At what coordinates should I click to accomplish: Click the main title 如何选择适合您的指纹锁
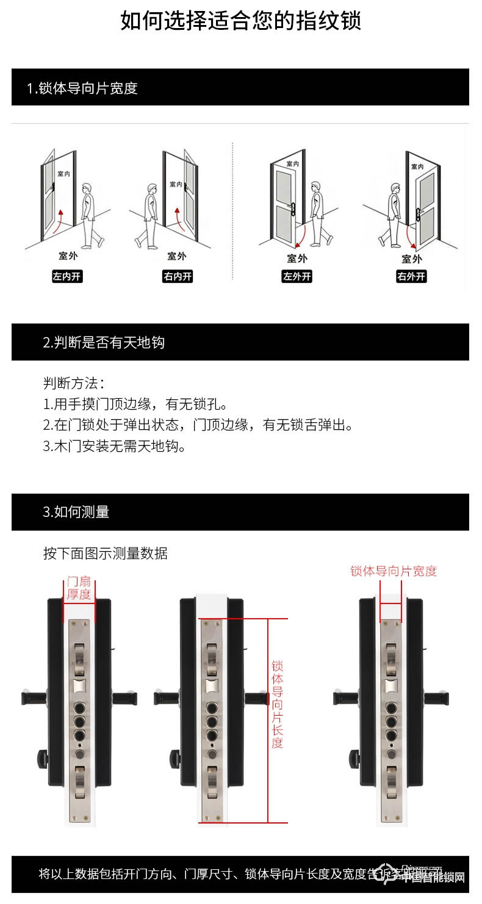[x=240, y=21]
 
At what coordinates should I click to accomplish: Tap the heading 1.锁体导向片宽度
[x=82, y=88]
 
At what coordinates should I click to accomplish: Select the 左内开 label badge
[x=67, y=277]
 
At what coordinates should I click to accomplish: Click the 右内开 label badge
[x=177, y=277]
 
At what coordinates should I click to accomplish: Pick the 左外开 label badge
[x=297, y=277]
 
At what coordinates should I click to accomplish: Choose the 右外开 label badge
[x=411, y=277]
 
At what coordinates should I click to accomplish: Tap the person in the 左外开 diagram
[x=315, y=213]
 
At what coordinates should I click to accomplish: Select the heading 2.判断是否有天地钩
[x=104, y=343]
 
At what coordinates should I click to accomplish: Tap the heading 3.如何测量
[x=76, y=512]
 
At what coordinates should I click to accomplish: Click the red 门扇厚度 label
[x=79, y=588]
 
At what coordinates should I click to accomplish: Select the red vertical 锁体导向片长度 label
[x=277, y=703]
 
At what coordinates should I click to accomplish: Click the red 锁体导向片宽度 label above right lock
[x=394, y=571]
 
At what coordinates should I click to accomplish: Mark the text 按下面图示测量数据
[x=105, y=553]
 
